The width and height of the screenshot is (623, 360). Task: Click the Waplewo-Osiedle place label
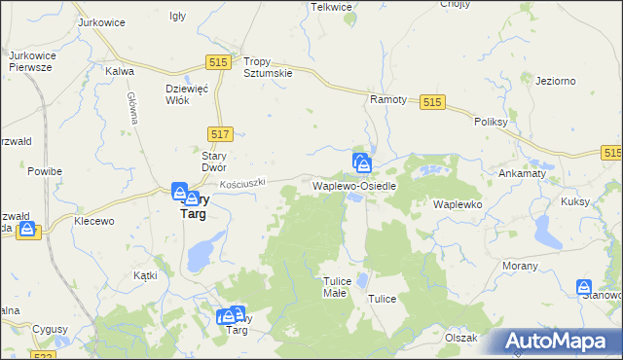coord(353,185)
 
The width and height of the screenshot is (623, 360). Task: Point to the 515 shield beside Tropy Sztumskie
coord(218,62)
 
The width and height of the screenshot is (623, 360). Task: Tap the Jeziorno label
coord(556,81)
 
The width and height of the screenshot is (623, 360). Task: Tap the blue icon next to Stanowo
coord(584,289)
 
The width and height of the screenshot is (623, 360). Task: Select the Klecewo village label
coord(94,221)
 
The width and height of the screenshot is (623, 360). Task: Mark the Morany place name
coord(520,265)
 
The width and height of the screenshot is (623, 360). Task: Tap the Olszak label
coord(460,338)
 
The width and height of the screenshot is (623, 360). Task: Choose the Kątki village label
coord(145,275)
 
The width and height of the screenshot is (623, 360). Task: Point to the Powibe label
coord(45,171)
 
